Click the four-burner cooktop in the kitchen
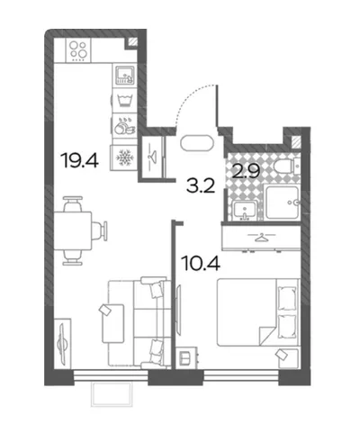[78, 50]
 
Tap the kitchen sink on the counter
[125, 75]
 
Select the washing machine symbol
[125, 100]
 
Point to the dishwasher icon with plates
[125, 125]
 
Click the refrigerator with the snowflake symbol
[123, 158]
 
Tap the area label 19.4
[79, 160]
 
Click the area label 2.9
[246, 171]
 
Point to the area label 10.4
[201, 263]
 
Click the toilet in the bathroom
[287, 167]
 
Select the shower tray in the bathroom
[283, 203]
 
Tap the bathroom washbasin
[245, 210]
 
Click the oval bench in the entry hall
[197, 143]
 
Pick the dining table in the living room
[73, 230]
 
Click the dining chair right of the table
[99, 230]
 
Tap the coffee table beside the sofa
[113, 323]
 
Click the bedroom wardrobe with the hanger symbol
[261, 238]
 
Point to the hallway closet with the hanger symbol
[153, 158]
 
